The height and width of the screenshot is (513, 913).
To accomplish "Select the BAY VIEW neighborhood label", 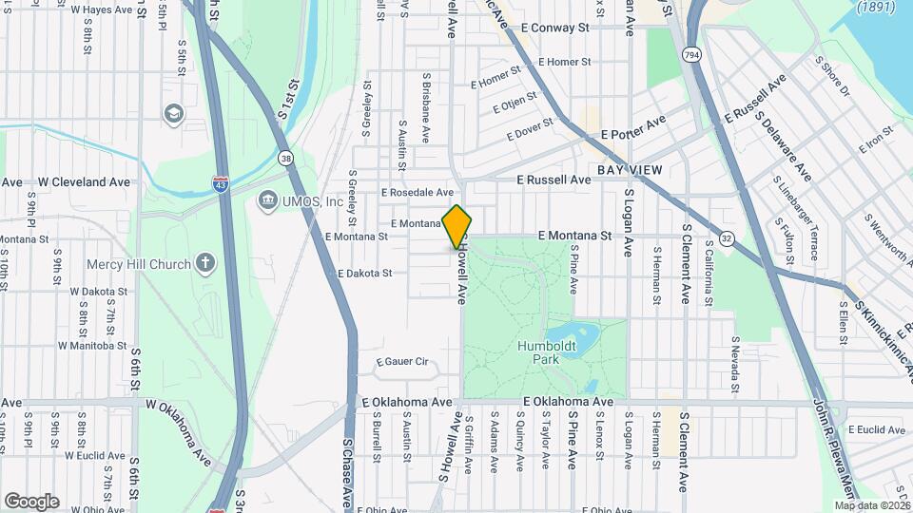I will click(x=630, y=169).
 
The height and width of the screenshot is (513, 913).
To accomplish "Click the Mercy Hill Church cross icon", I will click(x=205, y=262).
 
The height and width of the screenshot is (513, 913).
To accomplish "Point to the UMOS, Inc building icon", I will click(x=267, y=200).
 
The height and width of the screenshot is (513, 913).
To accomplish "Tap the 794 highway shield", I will click(x=692, y=56).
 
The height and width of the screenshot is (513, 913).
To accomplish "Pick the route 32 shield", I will click(x=728, y=237).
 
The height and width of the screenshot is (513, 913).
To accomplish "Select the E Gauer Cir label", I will click(x=403, y=361).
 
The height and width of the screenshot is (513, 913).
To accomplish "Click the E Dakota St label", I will click(x=364, y=274).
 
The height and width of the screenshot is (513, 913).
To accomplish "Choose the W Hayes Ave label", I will click(x=102, y=9).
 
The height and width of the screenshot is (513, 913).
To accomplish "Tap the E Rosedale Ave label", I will click(x=418, y=192).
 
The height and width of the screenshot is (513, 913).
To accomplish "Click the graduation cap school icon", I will click(x=173, y=114).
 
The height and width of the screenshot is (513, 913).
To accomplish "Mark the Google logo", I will click(x=31, y=502).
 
